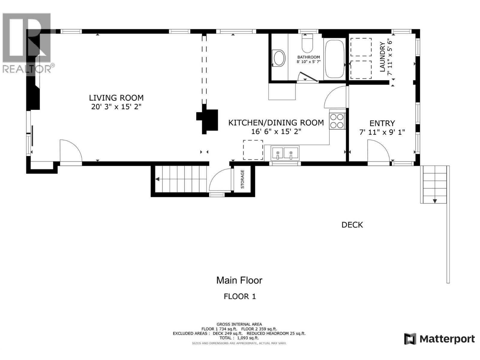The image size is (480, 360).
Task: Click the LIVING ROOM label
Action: pos(116,98)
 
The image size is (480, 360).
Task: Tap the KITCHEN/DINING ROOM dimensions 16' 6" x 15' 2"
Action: pos(276,131)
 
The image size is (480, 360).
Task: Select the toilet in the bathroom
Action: pos(307,44)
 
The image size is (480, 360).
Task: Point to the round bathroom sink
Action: pos(279,58)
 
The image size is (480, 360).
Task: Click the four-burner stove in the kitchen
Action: pos(337,121)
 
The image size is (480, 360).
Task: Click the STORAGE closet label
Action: pos(242,179)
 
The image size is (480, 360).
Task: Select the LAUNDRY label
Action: pos(382,57)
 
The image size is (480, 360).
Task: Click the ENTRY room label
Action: pos(382,123)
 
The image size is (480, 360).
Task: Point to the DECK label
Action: pos(352,225)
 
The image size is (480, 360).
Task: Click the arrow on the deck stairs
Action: pos(435,201)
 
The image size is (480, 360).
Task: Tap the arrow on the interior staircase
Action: pos(157,179)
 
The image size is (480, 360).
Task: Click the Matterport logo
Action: pos(439,339)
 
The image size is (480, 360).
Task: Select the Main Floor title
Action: pos(239,280)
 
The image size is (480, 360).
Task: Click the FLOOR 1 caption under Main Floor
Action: pos(240,296)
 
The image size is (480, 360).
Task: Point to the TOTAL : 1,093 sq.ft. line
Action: pos(239,338)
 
